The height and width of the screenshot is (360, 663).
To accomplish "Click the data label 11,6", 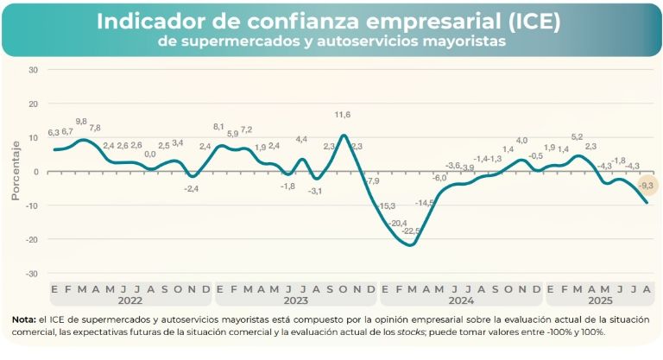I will point(343,115).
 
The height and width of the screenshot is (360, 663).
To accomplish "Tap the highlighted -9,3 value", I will point(647,185).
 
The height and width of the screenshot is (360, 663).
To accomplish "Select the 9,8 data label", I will point(81,122).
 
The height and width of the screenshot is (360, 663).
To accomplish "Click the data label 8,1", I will point(218,126).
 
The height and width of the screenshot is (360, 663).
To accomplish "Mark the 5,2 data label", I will point(578,137).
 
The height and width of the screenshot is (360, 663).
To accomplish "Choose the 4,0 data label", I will point(521,141).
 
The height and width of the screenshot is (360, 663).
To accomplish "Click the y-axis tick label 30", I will point(33,70).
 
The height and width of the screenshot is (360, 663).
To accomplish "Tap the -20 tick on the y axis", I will point(31,239).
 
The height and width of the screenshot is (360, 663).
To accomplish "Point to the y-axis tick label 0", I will point(35,172).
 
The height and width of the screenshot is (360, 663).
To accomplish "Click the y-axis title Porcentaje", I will point(15,172).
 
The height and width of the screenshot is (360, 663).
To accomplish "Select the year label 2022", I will point(129,300).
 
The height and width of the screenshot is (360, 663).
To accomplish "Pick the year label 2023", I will point(296,300).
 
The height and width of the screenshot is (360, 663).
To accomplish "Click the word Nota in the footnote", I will point(23,320).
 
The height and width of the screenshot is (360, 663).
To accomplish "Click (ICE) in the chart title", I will point(527,22).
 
